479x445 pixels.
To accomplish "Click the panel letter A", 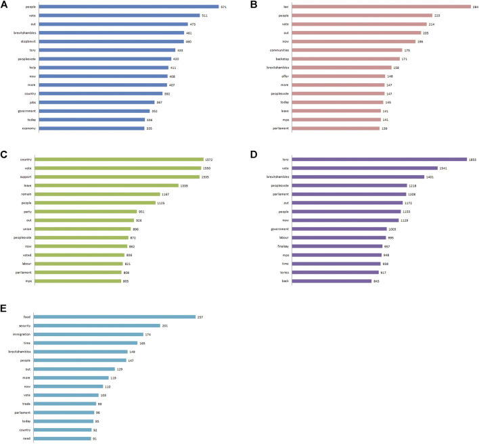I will [5, 5].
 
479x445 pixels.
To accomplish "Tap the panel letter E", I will [5, 307].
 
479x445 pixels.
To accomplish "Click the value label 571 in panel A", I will [224, 7].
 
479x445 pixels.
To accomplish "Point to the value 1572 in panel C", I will [228, 160].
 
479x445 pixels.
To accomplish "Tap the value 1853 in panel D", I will [472, 160].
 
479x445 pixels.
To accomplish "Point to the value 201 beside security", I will [165, 325].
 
